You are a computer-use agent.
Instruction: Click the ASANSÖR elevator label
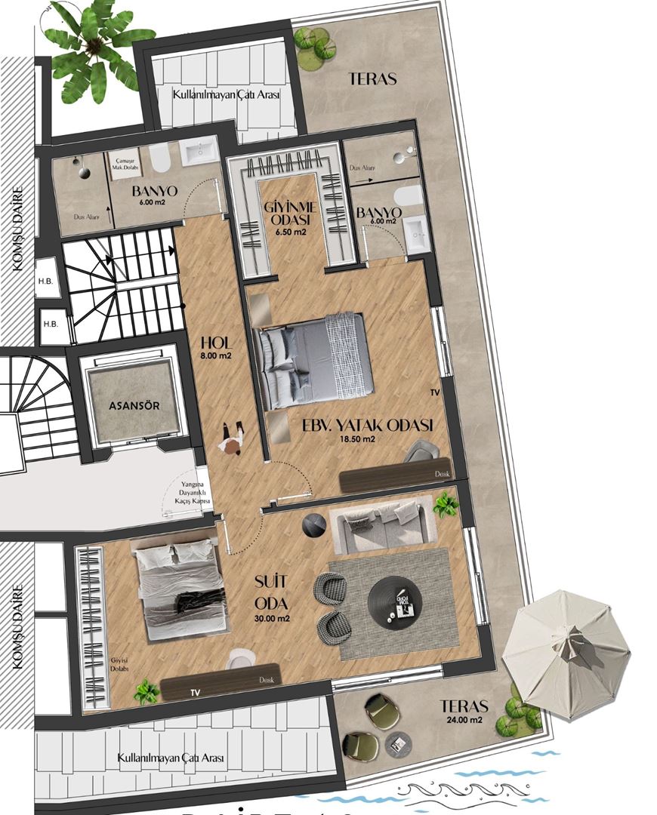[134, 405]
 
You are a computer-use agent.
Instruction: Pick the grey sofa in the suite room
[384, 522]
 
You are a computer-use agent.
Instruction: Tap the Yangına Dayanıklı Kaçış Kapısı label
[188, 494]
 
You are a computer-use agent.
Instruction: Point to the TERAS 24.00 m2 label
[464, 712]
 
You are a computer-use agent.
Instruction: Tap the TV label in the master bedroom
[434, 393]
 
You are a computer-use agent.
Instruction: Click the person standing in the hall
[232, 438]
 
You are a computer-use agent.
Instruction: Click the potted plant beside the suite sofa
[446, 504]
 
